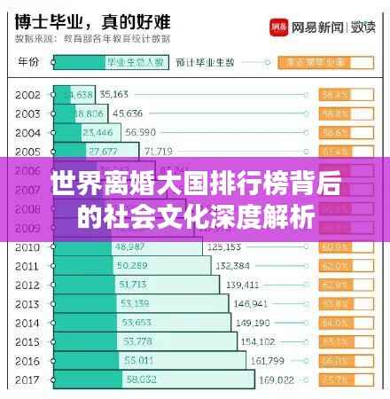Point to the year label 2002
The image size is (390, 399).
[27, 94]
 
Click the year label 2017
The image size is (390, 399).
[27, 379]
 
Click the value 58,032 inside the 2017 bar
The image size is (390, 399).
[144, 379]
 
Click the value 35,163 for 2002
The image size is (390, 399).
[113, 94]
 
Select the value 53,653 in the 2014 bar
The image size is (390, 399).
[136, 322]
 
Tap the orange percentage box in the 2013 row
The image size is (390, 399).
[334, 303]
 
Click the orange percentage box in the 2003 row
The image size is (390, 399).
[334, 113]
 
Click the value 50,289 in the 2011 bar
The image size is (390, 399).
[133, 265]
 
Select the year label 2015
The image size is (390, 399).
[27, 341]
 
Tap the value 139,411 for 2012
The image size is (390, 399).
[243, 284]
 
